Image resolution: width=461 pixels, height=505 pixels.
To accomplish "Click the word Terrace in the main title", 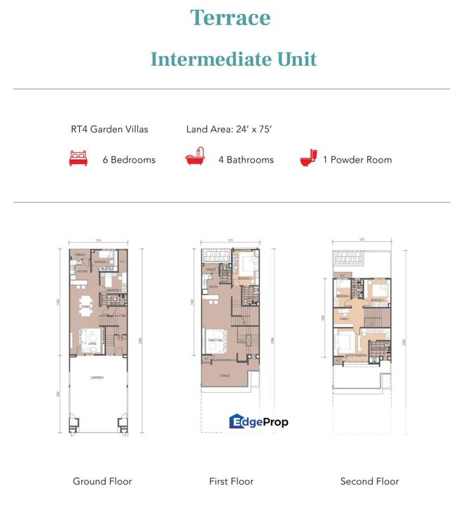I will tap(230, 18).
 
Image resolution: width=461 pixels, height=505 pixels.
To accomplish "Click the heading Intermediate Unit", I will tap(233, 59).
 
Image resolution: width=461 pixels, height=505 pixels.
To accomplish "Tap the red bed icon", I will tap(79, 159).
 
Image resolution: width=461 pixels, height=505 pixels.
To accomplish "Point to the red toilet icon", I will tap(308, 159).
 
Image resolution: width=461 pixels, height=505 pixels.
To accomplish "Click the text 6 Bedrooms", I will tap(129, 160).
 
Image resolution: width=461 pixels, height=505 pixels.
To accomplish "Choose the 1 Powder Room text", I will tap(357, 160).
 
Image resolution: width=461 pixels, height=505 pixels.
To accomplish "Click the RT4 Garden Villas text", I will tap(109, 129).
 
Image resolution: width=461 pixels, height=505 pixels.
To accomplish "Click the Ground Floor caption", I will tap(102, 481).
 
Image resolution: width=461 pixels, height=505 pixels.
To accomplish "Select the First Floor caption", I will tap(231, 481).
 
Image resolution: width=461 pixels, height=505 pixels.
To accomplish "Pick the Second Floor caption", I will tap(369, 481).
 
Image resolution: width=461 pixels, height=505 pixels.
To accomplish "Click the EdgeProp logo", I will tap(259, 421).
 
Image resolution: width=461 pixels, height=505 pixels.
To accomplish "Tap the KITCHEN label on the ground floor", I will tap(81, 270).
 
